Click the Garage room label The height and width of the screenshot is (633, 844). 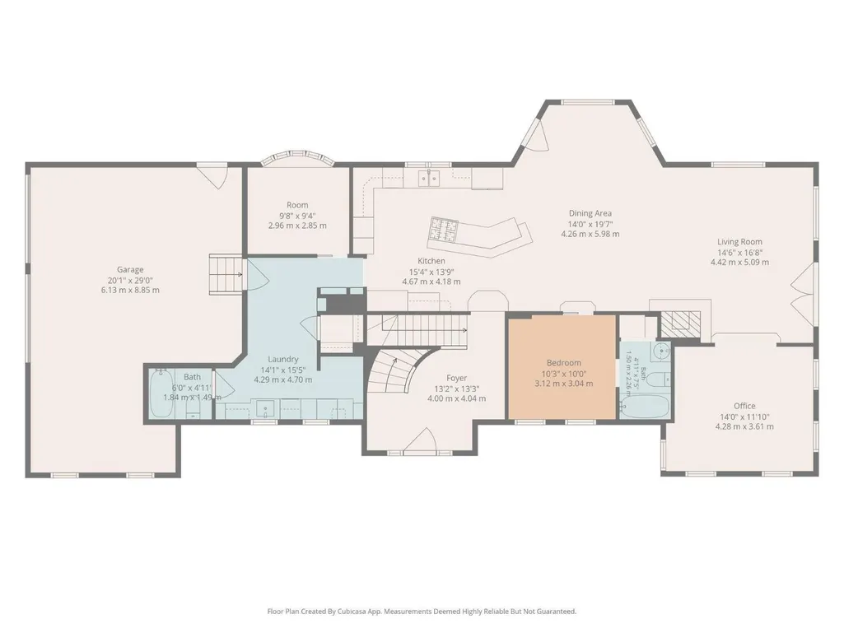tap(130, 270)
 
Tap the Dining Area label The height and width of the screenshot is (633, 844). tap(590, 213)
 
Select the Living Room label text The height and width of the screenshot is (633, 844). tap(739, 242)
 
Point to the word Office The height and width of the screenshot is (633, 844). tap(744, 406)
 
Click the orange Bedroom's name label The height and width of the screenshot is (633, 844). tap(563, 363)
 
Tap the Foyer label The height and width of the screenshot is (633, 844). tap(456, 378)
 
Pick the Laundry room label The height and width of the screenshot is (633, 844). tap(283, 359)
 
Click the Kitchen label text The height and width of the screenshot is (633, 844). tap(431, 260)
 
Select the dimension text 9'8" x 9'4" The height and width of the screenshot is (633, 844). tap(297, 216)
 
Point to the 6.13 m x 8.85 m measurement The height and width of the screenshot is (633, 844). tap(130, 290)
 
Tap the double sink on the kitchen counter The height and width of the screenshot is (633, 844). tap(428, 178)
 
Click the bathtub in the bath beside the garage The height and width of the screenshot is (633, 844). tap(161, 394)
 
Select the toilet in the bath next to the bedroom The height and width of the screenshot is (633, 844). tap(658, 380)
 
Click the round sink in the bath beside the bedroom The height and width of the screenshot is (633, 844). tap(660, 351)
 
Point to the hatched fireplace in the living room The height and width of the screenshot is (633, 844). tap(681, 322)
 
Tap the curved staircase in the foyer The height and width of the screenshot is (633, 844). tap(399, 374)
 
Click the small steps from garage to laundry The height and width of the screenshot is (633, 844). tap(226, 274)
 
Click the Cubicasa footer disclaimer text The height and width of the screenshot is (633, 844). tap(422, 611)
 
